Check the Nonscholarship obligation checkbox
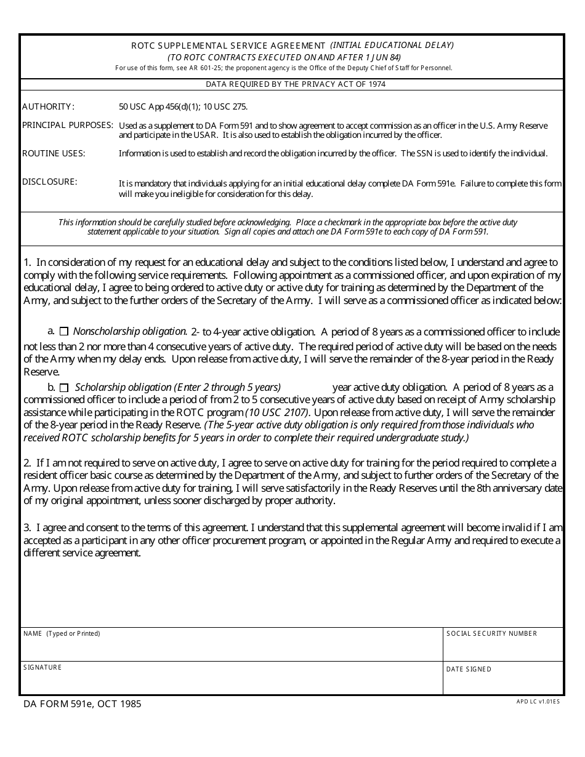64,332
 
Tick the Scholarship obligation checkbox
64,388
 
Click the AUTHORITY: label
48,106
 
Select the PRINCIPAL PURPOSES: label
68,125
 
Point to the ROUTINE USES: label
54,153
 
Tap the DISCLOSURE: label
50,182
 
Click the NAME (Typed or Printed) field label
62,633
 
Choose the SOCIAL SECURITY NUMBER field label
491,633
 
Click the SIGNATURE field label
42,667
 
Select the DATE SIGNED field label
469,669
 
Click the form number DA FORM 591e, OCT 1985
82,703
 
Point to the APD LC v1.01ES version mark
538,701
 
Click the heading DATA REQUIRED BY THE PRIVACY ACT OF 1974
296,84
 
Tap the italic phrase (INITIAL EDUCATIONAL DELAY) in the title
392,45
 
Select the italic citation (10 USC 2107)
278,412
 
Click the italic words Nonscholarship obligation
130,331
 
